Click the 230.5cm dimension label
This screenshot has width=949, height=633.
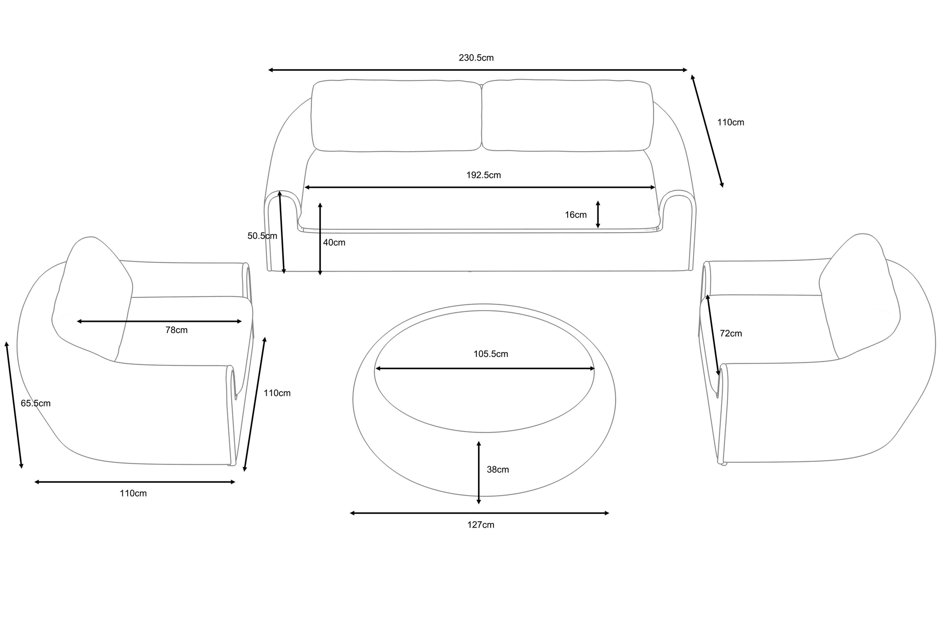click(x=476, y=58)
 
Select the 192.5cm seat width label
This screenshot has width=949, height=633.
click(x=483, y=175)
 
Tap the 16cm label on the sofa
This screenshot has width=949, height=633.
click(x=575, y=215)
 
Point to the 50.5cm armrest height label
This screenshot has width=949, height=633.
click(x=262, y=236)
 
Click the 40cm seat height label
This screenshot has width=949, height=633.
click(x=334, y=242)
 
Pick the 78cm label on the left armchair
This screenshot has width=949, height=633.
click(x=177, y=330)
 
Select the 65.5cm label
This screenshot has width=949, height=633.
click(x=36, y=403)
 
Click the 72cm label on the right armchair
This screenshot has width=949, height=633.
click(x=731, y=333)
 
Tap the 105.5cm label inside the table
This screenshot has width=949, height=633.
click(x=491, y=354)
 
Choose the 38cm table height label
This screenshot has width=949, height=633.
click(x=498, y=469)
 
